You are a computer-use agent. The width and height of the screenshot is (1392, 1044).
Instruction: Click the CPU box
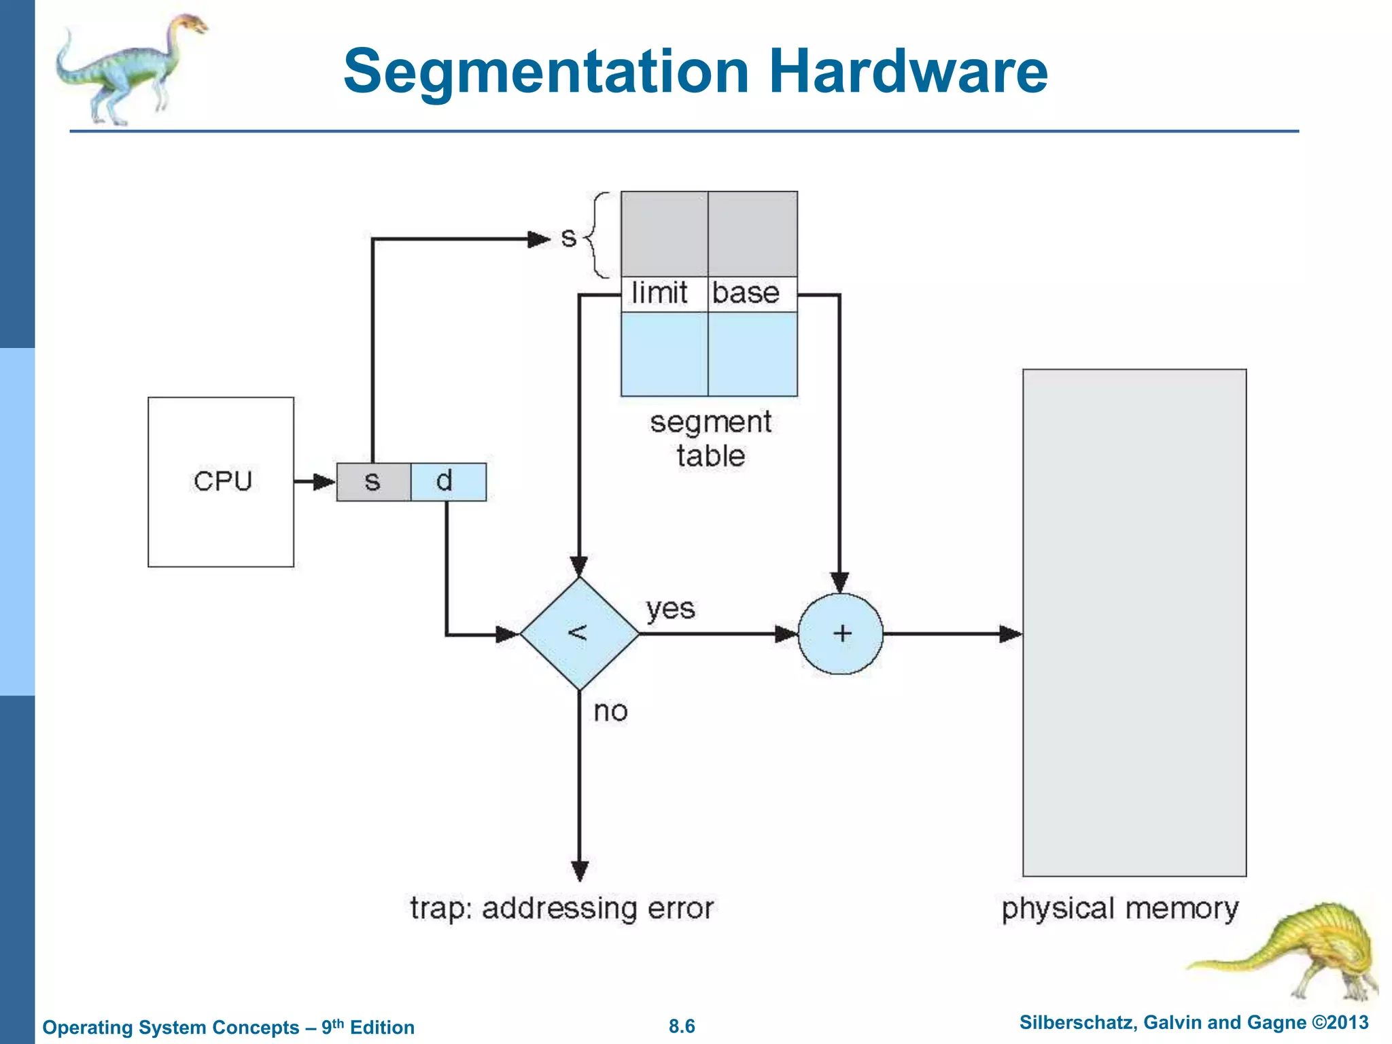[x=221, y=481]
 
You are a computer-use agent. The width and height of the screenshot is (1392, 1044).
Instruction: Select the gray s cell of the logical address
[x=373, y=482]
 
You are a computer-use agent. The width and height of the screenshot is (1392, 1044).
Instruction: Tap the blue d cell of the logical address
[x=449, y=482]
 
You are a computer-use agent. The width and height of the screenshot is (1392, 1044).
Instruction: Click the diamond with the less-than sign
[x=579, y=633]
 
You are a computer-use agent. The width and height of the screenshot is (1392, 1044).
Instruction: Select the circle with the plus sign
[x=841, y=633]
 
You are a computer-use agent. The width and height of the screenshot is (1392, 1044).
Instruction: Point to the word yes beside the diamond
[x=670, y=609]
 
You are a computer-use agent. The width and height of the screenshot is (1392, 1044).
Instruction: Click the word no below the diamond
[x=610, y=712]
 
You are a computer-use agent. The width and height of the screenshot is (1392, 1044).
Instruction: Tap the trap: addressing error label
[x=561, y=909]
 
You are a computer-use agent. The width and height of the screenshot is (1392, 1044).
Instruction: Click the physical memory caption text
[x=1119, y=909]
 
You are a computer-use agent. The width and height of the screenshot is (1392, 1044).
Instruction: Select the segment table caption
[x=710, y=438]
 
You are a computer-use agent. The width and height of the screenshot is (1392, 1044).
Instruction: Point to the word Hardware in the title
[x=908, y=71]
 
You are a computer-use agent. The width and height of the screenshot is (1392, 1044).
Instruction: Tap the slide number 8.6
[x=682, y=1026]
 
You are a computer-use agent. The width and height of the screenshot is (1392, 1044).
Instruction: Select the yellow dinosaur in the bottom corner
[x=1305, y=952]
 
